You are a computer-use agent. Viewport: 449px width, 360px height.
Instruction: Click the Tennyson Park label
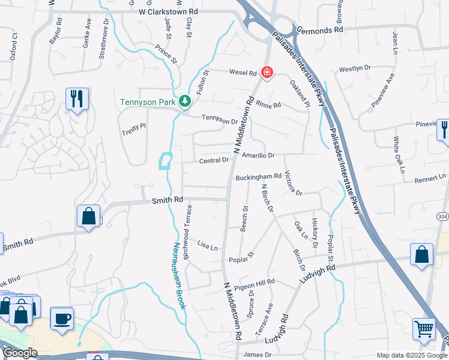(x=148, y=102)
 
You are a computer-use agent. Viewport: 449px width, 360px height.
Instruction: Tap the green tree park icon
(x=185, y=101)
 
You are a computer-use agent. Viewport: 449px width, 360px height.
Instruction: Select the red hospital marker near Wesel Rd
(x=267, y=73)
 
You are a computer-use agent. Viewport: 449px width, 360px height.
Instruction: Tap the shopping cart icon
(x=424, y=329)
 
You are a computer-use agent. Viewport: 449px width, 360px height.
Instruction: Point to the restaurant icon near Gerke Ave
(x=77, y=99)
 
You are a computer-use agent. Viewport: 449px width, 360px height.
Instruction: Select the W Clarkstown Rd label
(x=168, y=11)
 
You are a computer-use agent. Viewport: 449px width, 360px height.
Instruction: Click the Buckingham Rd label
(x=258, y=177)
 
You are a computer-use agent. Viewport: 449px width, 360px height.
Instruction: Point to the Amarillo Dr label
(x=258, y=155)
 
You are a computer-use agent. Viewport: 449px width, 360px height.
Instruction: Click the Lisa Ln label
(x=207, y=246)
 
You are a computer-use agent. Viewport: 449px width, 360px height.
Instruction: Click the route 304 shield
(x=443, y=216)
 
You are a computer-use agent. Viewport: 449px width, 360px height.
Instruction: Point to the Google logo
(x=19, y=353)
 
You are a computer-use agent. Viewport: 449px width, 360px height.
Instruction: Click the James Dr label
(x=258, y=355)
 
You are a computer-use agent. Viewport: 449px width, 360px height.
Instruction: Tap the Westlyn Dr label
(x=355, y=69)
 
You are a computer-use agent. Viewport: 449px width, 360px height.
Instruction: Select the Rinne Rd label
(x=268, y=105)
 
